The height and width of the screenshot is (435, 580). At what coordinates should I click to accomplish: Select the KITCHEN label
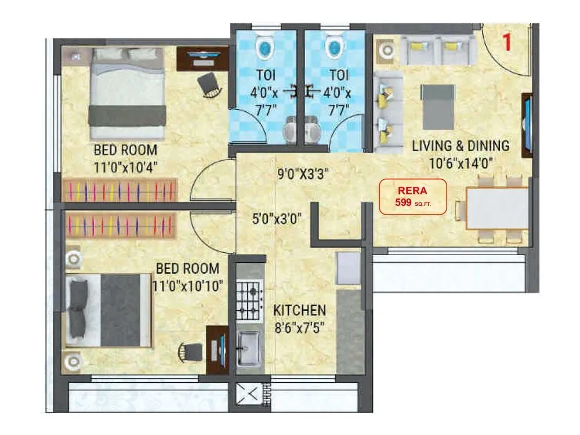pos(299,310)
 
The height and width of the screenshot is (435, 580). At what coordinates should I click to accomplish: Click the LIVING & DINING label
pos(461,145)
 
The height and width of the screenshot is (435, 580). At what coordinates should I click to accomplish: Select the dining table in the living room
pos(498,208)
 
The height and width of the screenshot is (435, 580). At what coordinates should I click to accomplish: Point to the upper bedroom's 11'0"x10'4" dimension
pos(126,168)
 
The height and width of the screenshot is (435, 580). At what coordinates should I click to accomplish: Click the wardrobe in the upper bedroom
pos(121,190)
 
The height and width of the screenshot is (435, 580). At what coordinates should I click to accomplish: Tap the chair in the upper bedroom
pos(209,85)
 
